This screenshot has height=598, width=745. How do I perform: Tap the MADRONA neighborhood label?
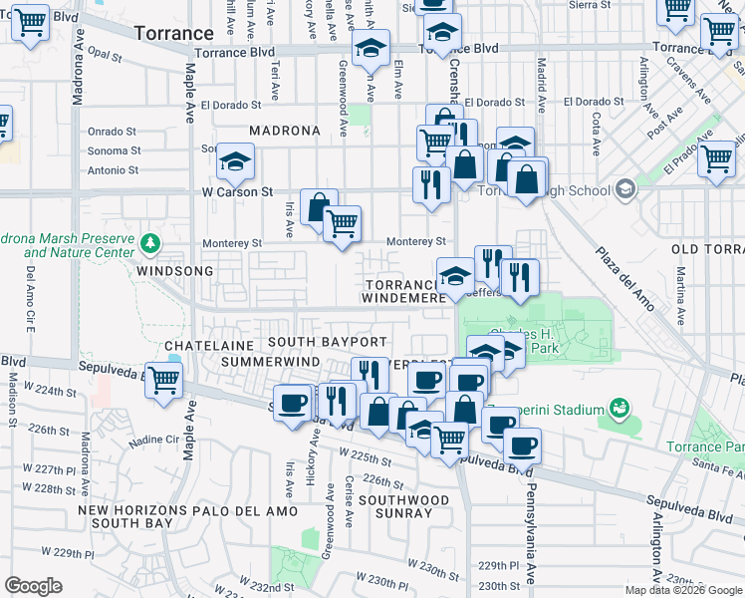(285, 131)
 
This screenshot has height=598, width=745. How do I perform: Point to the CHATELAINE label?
(204, 345)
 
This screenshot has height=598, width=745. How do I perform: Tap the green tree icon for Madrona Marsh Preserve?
(149, 242)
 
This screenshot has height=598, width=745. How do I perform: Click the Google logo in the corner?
(33, 585)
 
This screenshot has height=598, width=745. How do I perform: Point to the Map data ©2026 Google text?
(682, 590)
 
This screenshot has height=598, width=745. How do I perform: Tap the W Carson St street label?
(237, 191)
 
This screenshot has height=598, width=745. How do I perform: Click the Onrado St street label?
(112, 132)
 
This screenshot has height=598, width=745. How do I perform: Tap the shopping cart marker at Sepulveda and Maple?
(164, 380)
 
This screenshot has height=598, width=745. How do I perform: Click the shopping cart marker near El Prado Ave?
(716, 158)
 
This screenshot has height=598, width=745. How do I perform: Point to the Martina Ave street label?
(681, 295)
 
